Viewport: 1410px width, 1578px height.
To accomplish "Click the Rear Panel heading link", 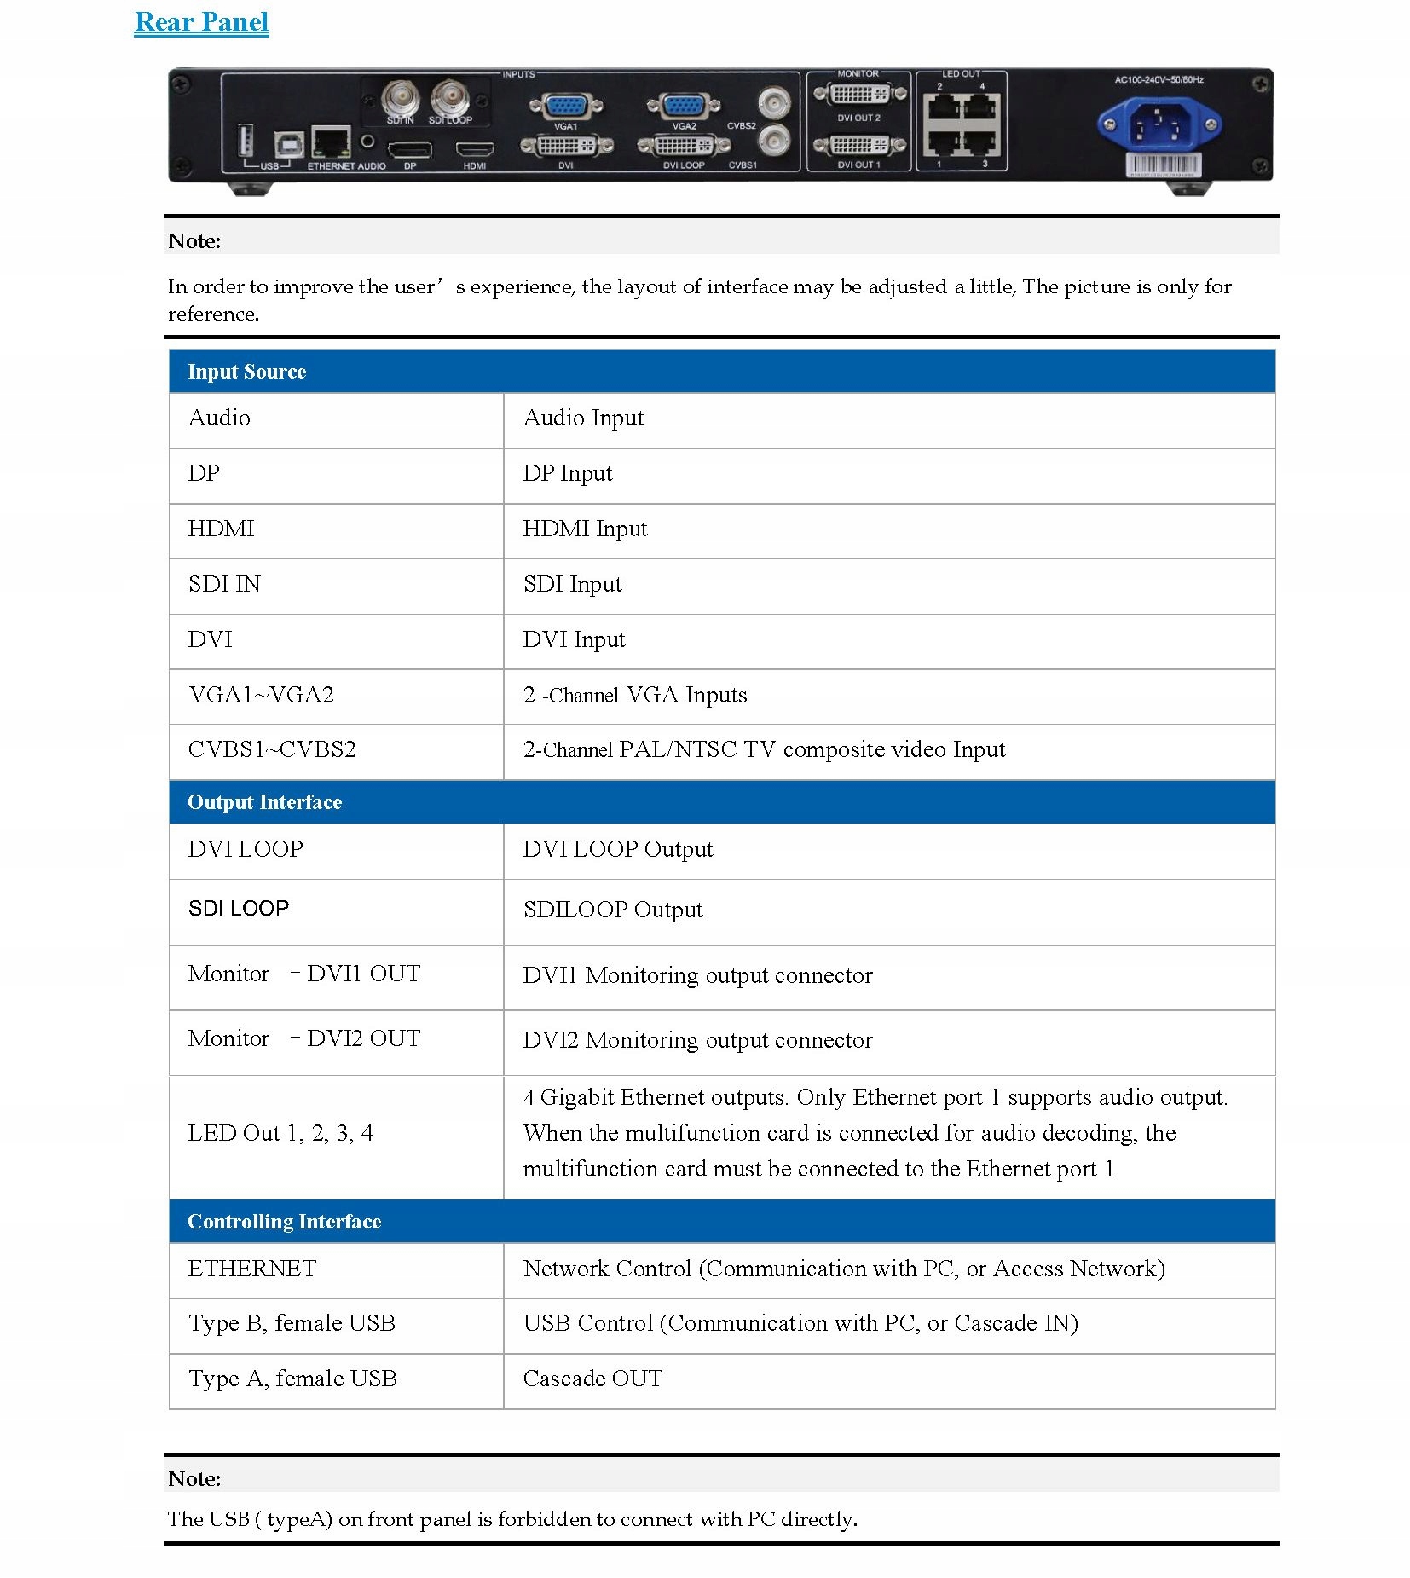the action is (x=201, y=22).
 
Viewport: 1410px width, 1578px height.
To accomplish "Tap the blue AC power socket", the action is (x=1159, y=125).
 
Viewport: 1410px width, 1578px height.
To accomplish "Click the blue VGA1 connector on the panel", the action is (x=565, y=107).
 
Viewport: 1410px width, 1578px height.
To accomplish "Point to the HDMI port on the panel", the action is (x=474, y=151).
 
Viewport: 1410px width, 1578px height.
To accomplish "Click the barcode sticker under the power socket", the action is (x=1163, y=165).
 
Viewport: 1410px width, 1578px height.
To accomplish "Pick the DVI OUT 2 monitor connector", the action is (x=858, y=93).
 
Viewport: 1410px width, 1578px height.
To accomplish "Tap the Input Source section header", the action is (x=246, y=372).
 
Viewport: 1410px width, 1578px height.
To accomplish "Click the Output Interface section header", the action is (x=264, y=802).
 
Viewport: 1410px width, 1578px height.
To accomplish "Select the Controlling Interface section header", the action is (x=284, y=1222).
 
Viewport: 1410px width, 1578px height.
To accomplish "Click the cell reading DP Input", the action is (x=567, y=473).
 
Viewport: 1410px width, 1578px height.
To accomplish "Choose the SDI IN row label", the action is (x=224, y=584).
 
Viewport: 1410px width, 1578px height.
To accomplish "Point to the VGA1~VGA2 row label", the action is (x=261, y=695).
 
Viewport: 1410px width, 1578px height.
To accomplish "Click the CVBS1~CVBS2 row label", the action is (x=272, y=749).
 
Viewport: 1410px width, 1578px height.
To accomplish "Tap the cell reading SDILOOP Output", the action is (x=612, y=910).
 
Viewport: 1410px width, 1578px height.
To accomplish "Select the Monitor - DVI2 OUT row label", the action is (x=303, y=1038).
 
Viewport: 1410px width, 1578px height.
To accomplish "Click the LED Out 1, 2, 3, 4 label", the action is (x=280, y=1133).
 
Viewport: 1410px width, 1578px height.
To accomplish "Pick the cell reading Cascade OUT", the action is (x=592, y=1379).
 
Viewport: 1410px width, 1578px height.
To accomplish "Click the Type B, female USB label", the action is (x=292, y=1323).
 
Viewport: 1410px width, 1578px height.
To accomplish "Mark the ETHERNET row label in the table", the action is (x=251, y=1269).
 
